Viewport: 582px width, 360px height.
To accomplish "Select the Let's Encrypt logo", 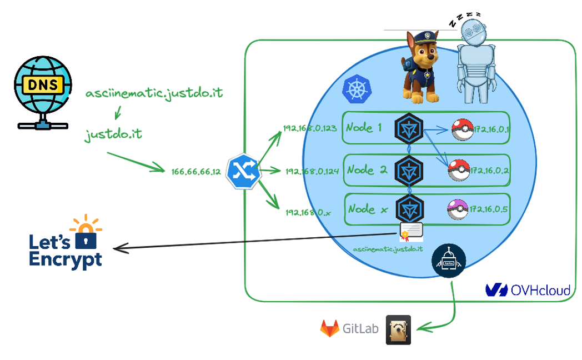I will tap(67, 244).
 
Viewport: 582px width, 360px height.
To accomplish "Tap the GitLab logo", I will tap(349, 328).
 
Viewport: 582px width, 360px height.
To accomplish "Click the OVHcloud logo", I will tap(528, 290).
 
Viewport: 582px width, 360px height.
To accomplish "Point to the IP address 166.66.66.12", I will tap(197, 172).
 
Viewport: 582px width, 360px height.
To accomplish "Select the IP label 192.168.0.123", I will tap(309, 129).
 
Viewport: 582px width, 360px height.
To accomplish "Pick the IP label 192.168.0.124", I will tap(312, 171).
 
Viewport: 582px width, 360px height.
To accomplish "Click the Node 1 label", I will tap(364, 127).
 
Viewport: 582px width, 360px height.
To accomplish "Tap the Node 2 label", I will tap(367, 169).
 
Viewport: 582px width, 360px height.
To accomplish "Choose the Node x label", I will tap(368, 209).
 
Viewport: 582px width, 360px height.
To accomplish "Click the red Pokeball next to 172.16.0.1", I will tap(461, 129).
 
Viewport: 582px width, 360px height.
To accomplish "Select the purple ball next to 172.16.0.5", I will tap(458, 210).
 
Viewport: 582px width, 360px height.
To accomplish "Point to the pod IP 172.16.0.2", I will tap(489, 171).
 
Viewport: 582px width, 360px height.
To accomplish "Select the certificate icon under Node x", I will tap(411, 232).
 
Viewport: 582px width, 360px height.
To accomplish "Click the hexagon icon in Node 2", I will tap(409, 169).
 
